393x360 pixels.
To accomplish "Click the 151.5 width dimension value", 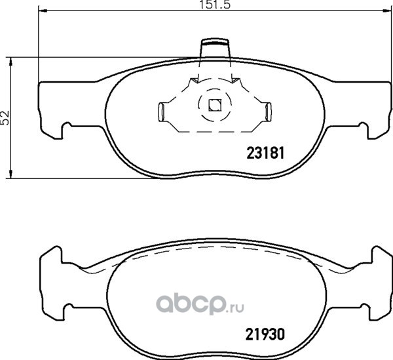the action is (x=215, y=5).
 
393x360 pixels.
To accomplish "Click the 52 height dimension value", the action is (x=5, y=117).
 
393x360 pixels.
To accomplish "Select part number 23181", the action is (x=266, y=153).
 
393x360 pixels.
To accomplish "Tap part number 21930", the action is (x=265, y=334).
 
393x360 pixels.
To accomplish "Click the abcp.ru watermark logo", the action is (x=200, y=304).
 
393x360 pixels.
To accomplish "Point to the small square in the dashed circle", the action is (x=215, y=105).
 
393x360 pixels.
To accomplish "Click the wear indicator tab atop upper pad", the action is (x=215, y=48).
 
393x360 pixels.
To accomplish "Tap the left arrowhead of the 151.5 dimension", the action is (x=43, y=10).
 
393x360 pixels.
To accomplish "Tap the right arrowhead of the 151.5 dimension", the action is (x=386, y=10).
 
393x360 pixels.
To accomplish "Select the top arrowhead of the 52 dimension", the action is (x=10, y=62).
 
